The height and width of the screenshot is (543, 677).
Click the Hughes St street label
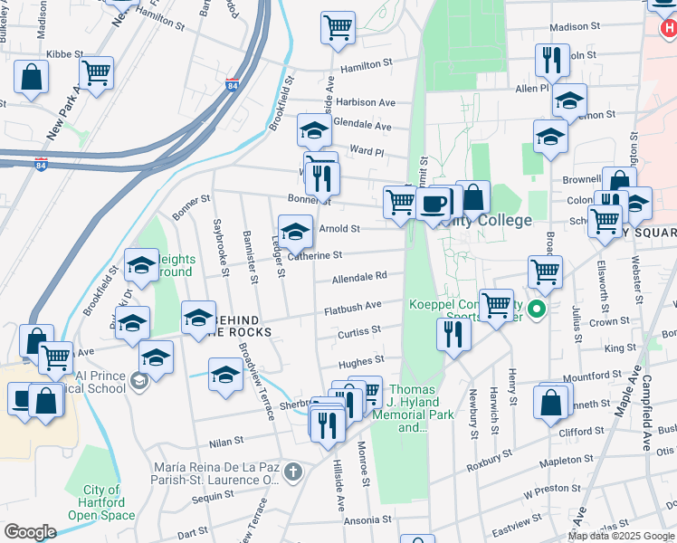pyautogui.click(x=356, y=363)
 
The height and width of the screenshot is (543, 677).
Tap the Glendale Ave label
pyautogui.click(x=362, y=126)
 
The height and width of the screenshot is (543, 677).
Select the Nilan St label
pyautogui.click(x=227, y=443)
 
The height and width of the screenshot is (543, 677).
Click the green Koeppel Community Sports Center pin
pyautogui.click(x=537, y=310)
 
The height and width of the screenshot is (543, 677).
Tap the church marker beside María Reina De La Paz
pyautogui.click(x=292, y=472)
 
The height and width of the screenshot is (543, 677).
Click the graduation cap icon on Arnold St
pyautogui.click(x=295, y=233)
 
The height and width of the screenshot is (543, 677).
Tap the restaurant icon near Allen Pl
pyautogui.click(x=551, y=61)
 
